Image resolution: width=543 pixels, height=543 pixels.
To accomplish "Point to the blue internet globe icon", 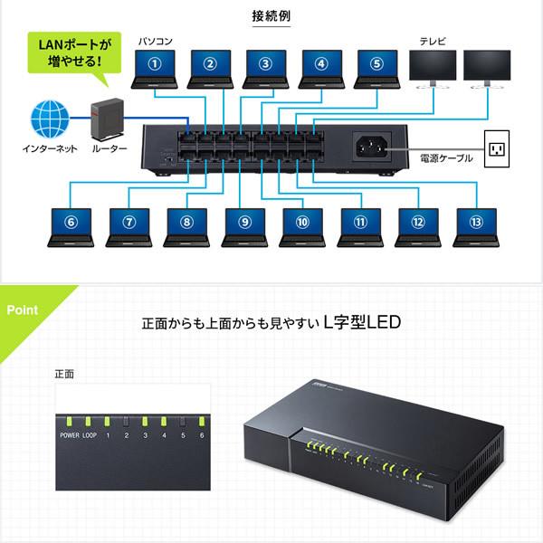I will click(x=50, y=119).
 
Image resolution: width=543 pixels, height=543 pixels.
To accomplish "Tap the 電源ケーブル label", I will click(x=446, y=158).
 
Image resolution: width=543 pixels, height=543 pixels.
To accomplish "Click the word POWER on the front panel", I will click(x=71, y=435).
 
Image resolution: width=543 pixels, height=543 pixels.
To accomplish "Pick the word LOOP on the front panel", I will click(x=90, y=435).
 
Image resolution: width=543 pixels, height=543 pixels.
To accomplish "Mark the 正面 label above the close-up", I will click(x=63, y=374).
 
